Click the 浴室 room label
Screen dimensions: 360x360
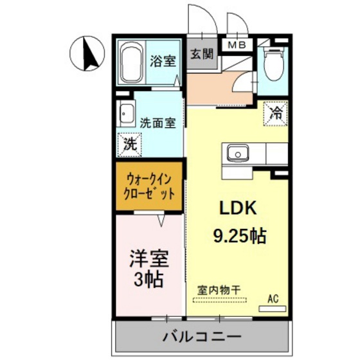(x=163, y=61)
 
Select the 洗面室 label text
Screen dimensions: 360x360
(x=158, y=122)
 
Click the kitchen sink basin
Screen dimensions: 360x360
(x=239, y=154)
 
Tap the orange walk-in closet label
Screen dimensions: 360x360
(x=149, y=186)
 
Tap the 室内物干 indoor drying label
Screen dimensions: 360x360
(x=219, y=291)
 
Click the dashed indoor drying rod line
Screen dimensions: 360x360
(x=219, y=301)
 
